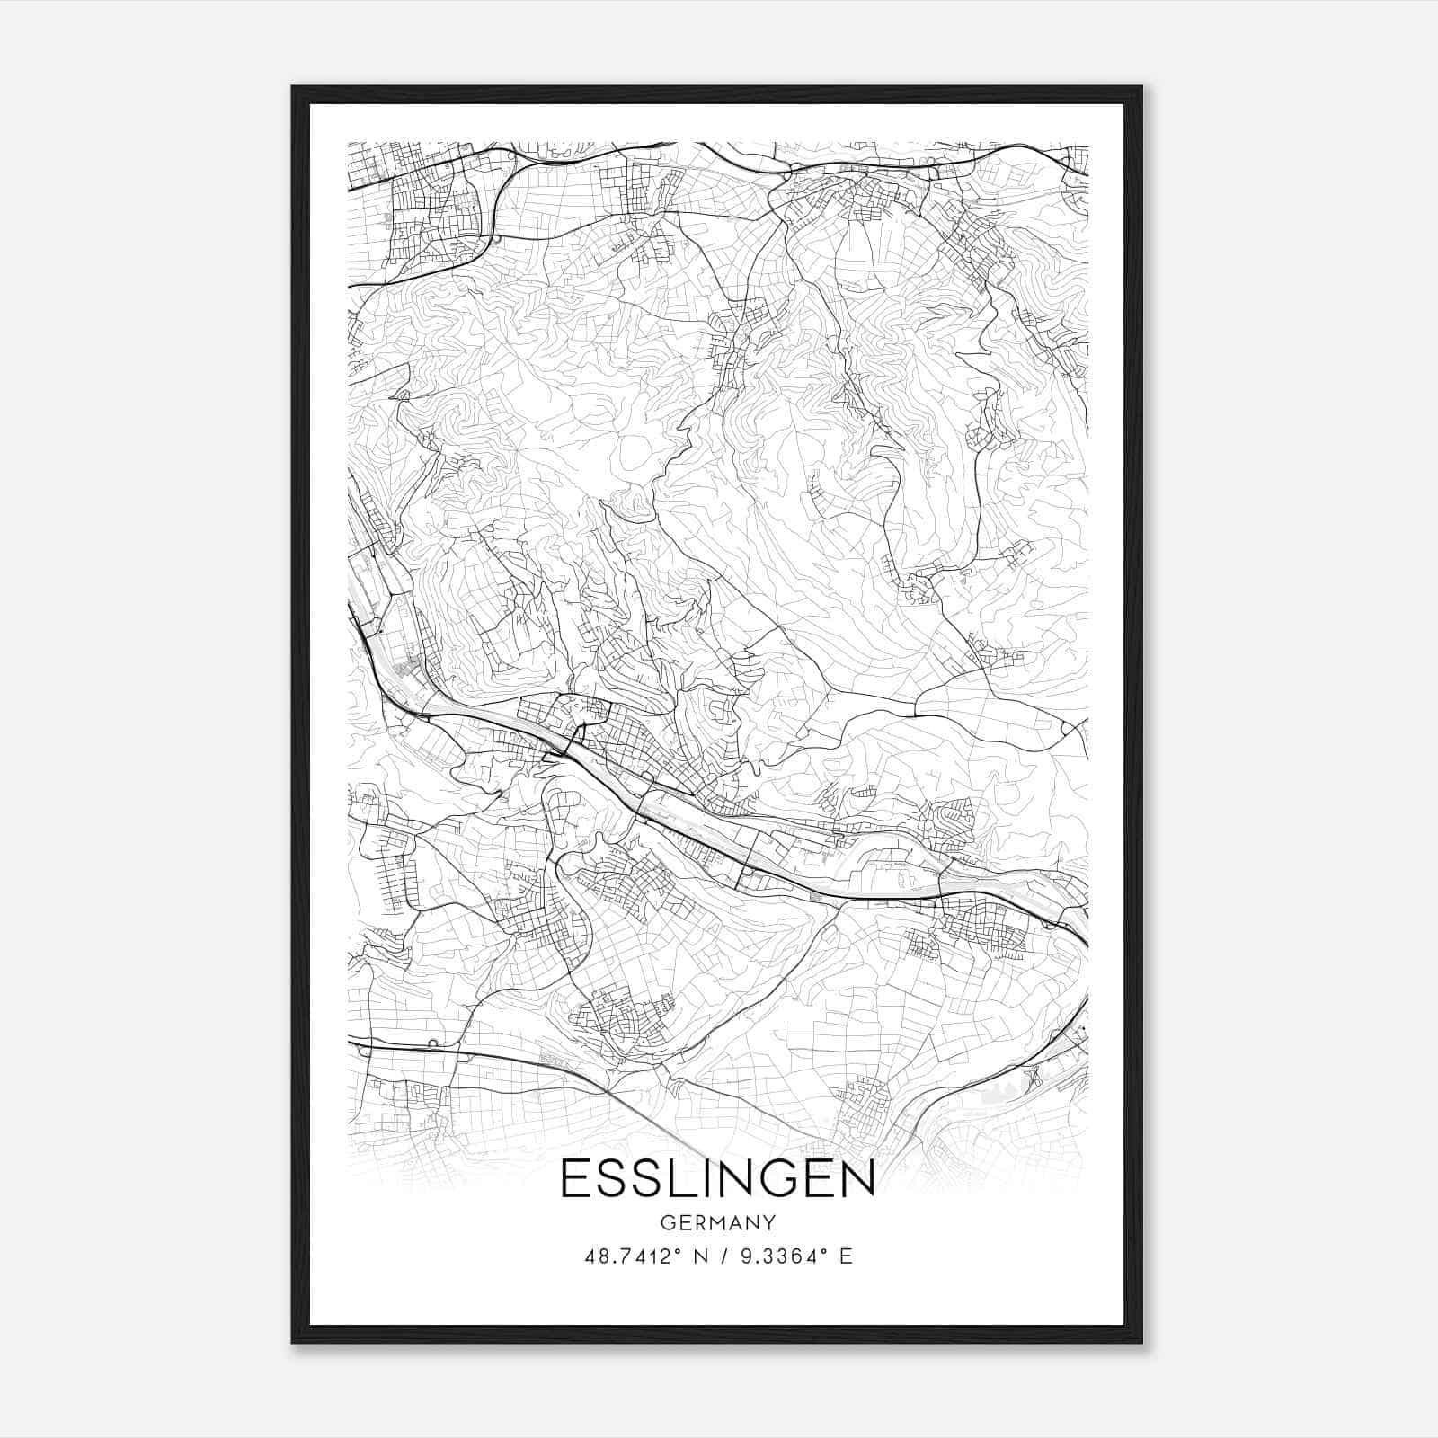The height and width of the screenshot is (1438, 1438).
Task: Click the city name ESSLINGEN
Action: (717, 1179)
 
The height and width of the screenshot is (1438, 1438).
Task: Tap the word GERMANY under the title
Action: (717, 1223)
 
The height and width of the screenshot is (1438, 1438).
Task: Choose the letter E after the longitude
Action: (846, 1256)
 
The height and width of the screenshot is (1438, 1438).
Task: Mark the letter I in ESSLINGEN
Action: (689, 1179)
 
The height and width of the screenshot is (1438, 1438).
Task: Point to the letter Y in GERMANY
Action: (768, 1223)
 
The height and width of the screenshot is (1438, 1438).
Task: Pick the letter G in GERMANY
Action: (666, 1223)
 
